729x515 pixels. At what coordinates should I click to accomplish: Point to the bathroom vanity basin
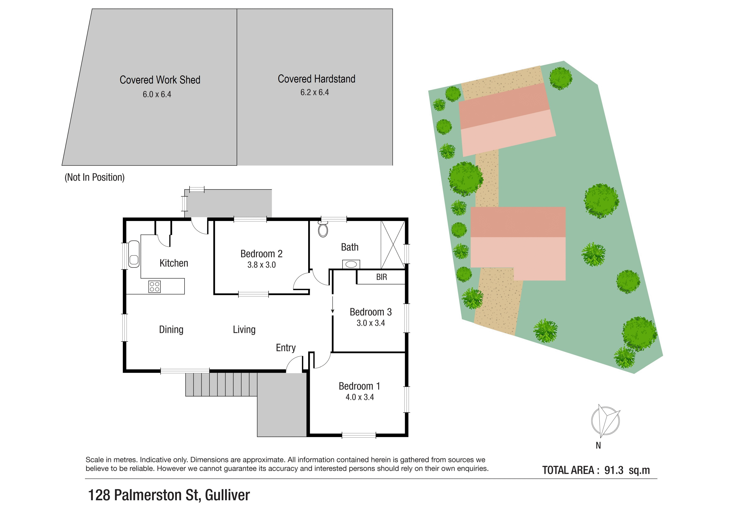tap(351, 264)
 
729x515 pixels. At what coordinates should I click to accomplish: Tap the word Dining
tap(171, 330)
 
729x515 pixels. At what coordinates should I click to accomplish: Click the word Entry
tap(286, 348)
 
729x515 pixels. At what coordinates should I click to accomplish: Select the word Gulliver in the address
tap(227, 495)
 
